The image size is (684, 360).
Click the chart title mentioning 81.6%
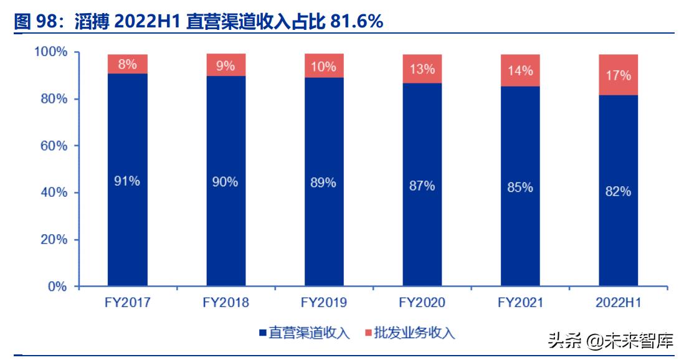(x=198, y=22)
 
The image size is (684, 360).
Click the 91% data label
(x=127, y=182)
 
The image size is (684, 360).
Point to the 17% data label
(x=619, y=76)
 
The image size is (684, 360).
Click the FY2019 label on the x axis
(x=324, y=303)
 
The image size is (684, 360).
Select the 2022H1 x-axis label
(x=619, y=303)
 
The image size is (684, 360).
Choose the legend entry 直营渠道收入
(x=304, y=333)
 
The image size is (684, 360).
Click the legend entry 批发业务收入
(x=409, y=333)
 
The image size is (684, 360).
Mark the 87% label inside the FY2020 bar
(x=422, y=186)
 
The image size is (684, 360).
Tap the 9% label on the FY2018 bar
(x=225, y=65)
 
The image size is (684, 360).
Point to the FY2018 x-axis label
(x=226, y=303)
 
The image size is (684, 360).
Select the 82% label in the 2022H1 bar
(x=619, y=192)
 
